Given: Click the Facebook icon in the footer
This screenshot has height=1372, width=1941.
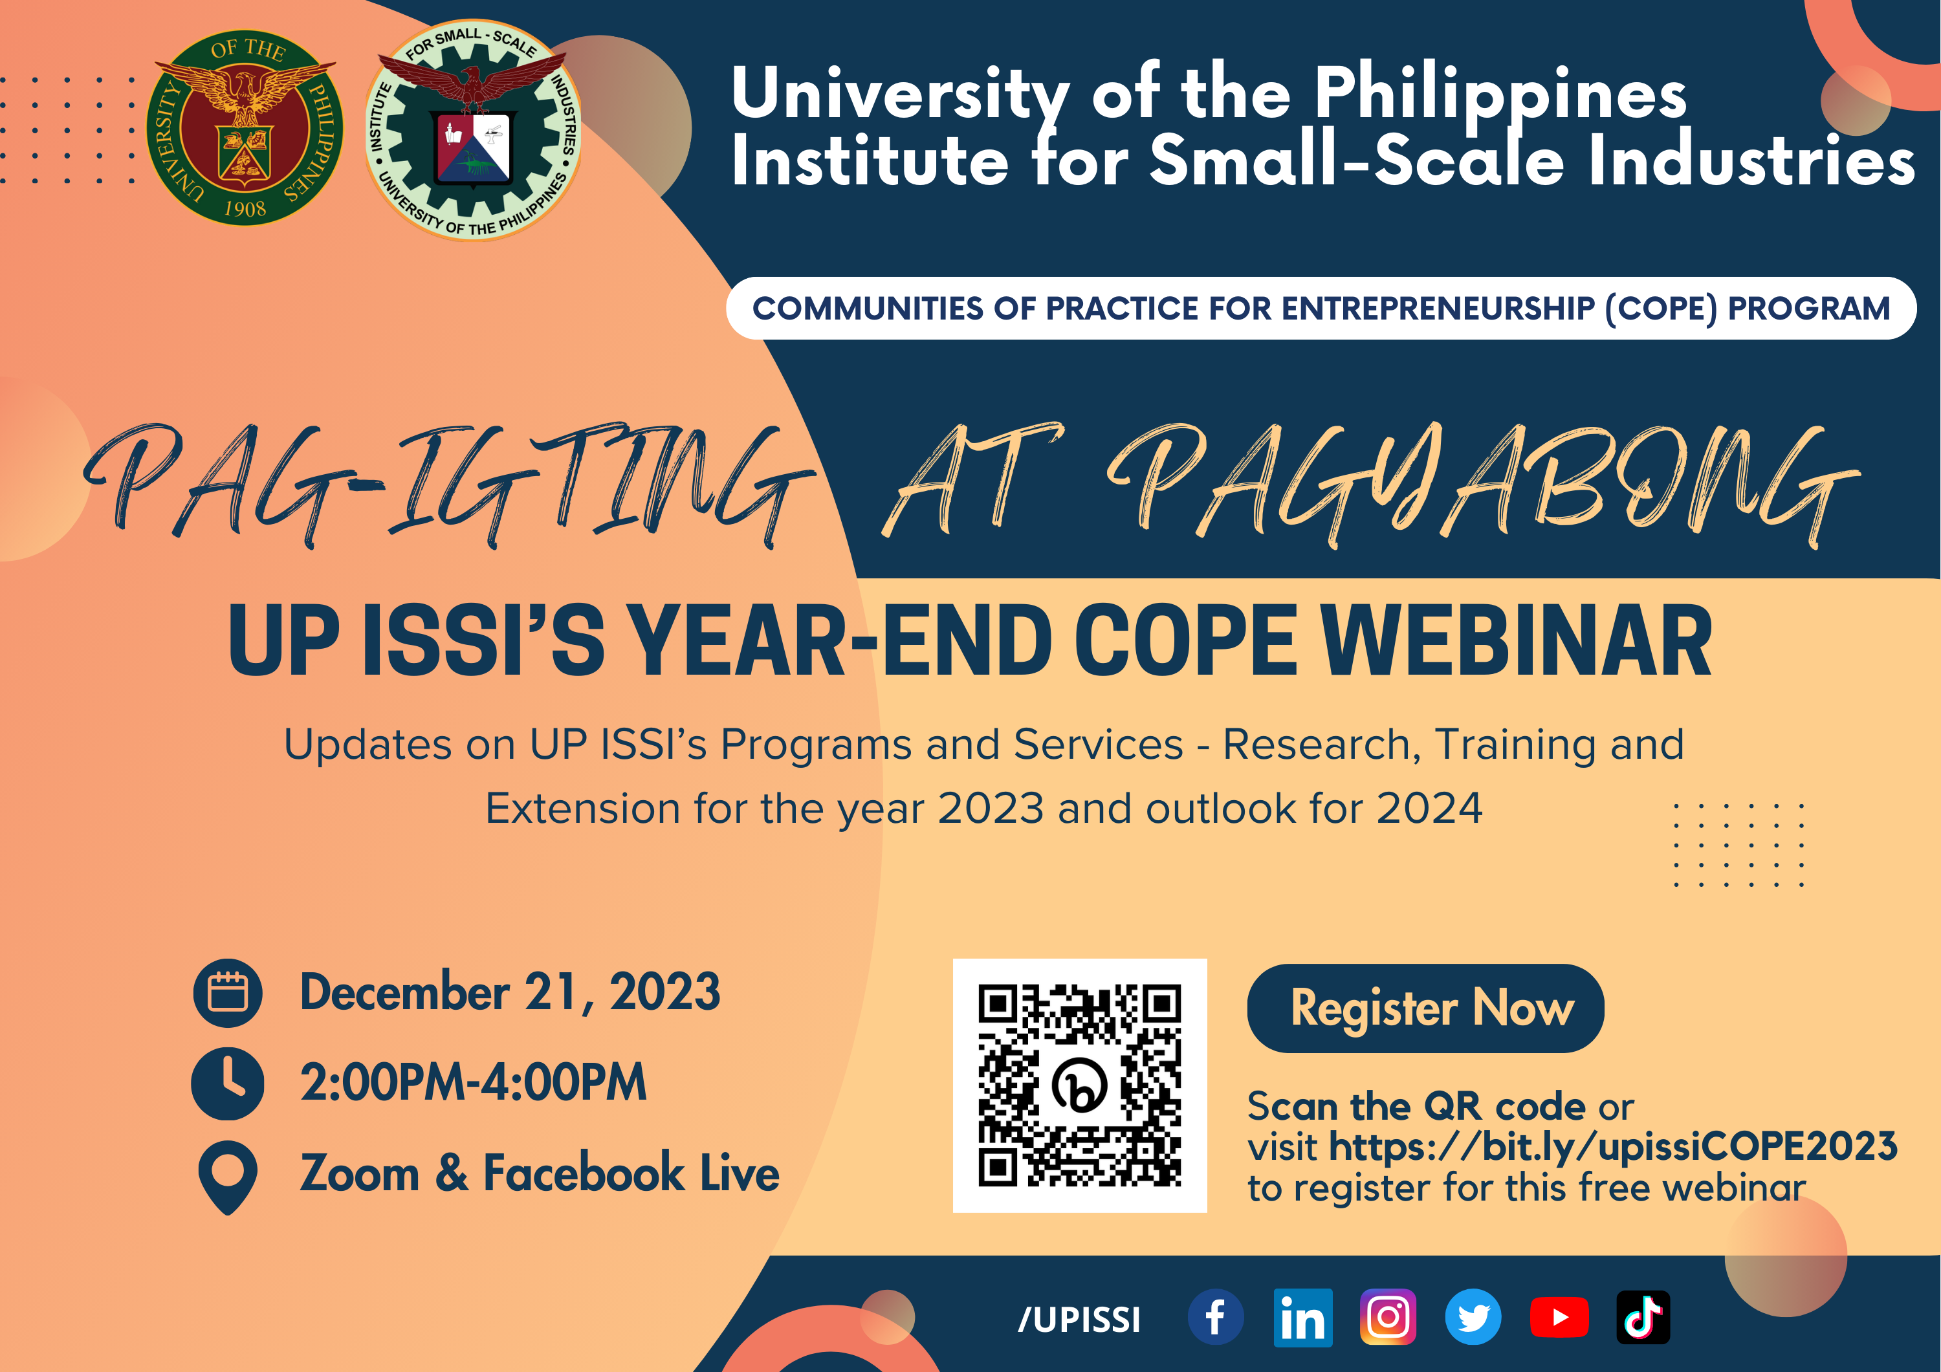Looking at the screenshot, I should coord(1215,1317).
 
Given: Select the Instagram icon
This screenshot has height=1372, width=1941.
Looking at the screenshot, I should coord(1387,1317).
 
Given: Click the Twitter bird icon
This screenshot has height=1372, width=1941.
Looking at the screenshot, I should coord(1473,1317).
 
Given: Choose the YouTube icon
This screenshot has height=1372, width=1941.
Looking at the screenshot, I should coord(1559,1317).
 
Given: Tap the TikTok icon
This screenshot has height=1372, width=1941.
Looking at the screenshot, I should coord(1643,1317).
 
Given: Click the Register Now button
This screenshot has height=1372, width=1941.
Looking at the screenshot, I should coord(1425,1008).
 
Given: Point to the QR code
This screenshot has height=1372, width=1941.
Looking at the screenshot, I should coord(1080,1085).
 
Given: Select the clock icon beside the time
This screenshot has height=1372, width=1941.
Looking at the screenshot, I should coord(227,1083).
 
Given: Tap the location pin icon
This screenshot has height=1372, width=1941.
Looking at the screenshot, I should coord(227,1175).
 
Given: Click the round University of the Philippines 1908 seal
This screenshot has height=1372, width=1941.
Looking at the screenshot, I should coord(245,129).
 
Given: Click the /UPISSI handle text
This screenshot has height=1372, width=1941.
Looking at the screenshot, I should coord(1079,1319).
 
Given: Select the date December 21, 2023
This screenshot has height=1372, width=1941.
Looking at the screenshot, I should coord(510,992).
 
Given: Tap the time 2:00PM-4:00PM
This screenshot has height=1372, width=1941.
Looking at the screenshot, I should coord(474,1082).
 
